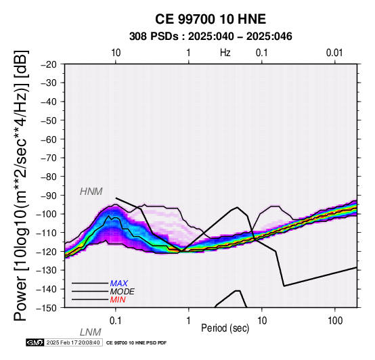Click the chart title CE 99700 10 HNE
[x=211, y=19]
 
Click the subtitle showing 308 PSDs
[x=211, y=37]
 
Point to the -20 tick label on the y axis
[x=49, y=64]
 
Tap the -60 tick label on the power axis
[x=49, y=139]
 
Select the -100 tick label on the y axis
[x=47, y=214]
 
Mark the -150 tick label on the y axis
[x=47, y=308]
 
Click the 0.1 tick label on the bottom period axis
[x=116, y=321]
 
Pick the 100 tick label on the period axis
[x=335, y=321]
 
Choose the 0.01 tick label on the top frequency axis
[x=334, y=53]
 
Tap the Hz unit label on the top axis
[x=225, y=53]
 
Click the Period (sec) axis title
[x=225, y=328]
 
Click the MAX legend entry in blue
[x=119, y=284]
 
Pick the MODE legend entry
[x=123, y=292]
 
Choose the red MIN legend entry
[x=118, y=300]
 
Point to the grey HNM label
[x=91, y=192]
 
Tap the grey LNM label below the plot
[x=91, y=332]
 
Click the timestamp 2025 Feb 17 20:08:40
[x=73, y=342]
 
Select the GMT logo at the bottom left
[x=35, y=342]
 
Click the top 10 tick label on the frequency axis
[x=116, y=53]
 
